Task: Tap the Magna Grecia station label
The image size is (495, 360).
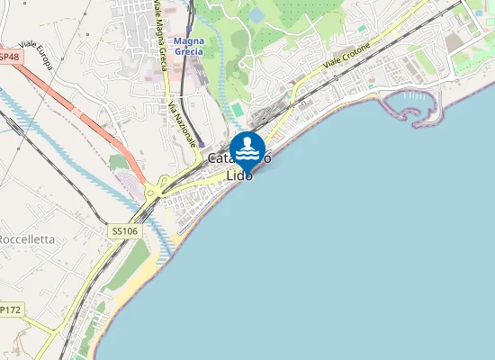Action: tap(189, 46)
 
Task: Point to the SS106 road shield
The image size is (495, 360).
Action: tap(125, 231)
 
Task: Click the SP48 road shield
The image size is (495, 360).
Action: tap(9, 57)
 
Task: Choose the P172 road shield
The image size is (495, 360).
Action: tap(9, 310)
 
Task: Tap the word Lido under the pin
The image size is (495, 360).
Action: tap(240, 175)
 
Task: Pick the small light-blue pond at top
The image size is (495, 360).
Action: tap(256, 15)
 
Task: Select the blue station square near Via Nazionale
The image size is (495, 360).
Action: tap(202, 145)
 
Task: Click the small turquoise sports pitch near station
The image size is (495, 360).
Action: tap(237, 109)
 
